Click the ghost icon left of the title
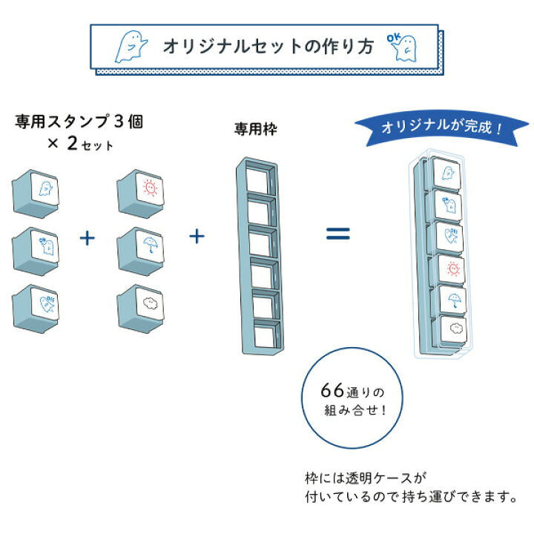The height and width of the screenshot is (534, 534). point(131,47)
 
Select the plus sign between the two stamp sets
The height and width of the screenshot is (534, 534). point(88,238)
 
